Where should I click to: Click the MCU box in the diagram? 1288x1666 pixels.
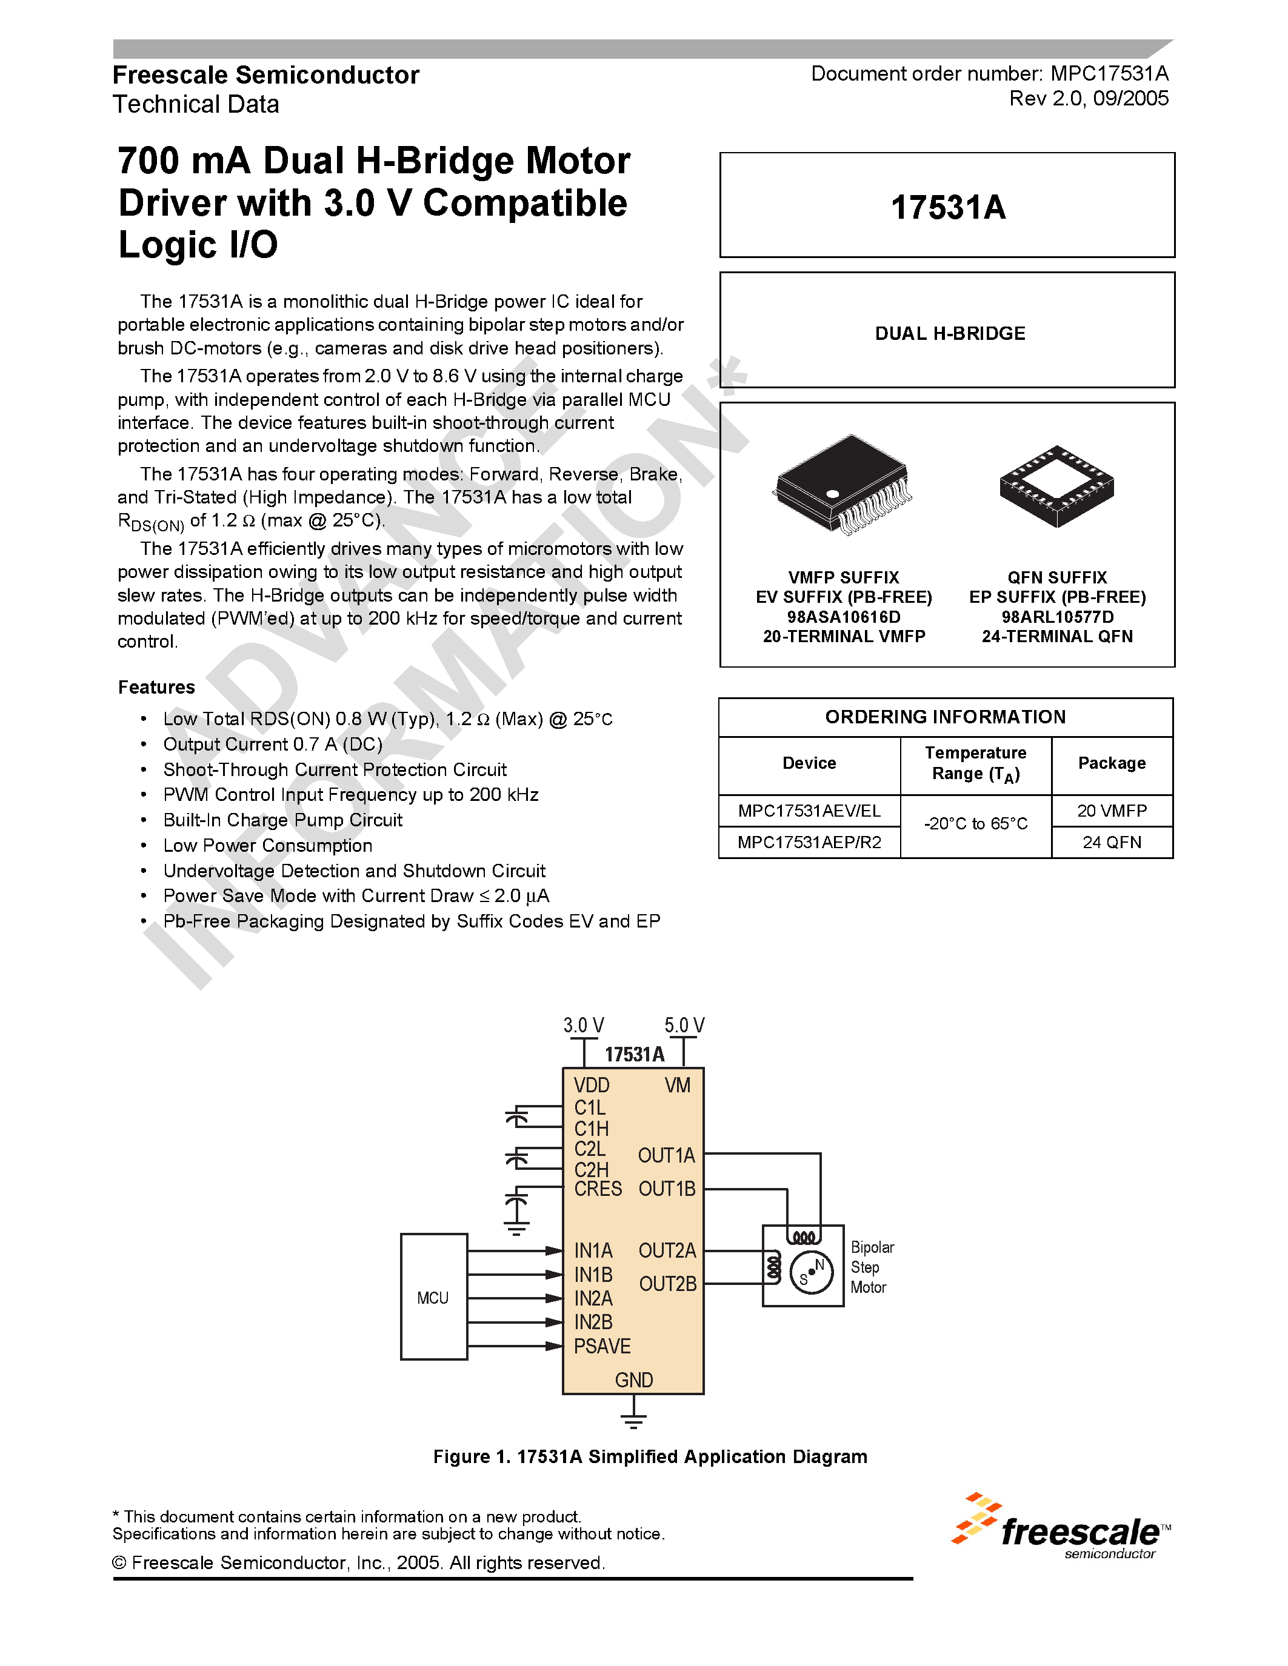click(433, 1297)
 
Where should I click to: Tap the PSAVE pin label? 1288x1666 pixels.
click(602, 1346)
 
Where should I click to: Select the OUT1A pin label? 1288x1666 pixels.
click(666, 1156)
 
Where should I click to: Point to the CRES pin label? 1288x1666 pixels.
click(598, 1189)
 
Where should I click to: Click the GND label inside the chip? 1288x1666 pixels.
click(633, 1380)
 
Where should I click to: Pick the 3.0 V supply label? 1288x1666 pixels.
click(584, 1025)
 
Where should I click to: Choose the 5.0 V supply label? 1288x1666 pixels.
click(684, 1025)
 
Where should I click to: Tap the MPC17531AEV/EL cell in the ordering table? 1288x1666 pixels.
click(809, 811)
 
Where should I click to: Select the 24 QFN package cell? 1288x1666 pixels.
click(1112, 842)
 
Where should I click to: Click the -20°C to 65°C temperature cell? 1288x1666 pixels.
click(975, 824)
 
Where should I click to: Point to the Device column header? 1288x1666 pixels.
click(809, 763)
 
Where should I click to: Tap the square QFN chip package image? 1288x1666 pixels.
click(1057, 486)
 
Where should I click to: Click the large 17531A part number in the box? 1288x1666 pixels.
click(948, 207)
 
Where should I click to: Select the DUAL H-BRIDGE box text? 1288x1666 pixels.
click(950, 333)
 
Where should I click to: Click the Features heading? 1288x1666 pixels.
click(156, 688)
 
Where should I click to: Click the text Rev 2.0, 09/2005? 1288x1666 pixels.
click(1088, 98)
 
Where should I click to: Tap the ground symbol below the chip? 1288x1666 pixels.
click(633, 1421)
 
